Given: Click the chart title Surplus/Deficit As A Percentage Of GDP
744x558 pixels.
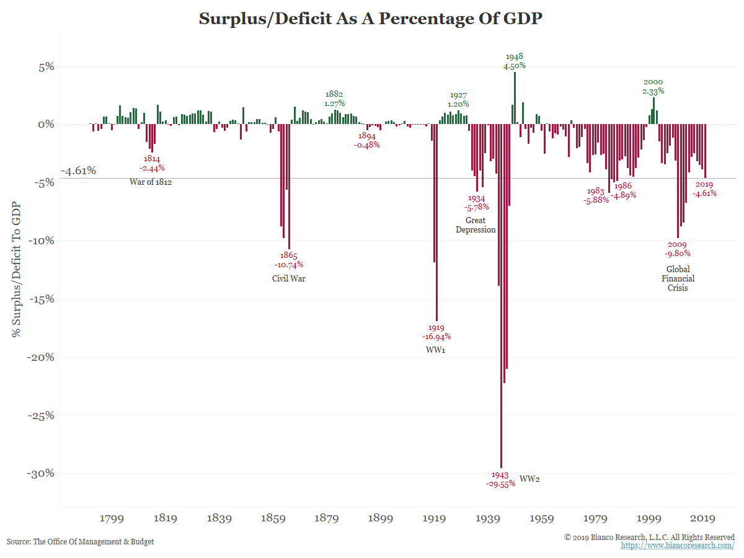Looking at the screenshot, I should pyautogui.click(x=370, y=19).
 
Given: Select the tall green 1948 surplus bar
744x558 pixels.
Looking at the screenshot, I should pyautogui.click(x=515, y=99).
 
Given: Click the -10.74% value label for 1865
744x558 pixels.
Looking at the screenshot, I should pyautogui.click(x=289, y=265).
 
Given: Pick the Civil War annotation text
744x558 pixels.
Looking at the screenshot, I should pyautogui.click(x=289, y=278).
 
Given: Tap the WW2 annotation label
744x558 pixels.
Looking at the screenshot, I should pyautogui.click(x=529, y=479).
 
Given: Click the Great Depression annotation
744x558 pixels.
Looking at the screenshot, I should pyautogui.click(x=476, y=224).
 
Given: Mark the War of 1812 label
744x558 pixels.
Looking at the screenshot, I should pyautogui.click(x=151, y=182).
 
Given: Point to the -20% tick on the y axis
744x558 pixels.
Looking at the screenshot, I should pyautogui.click(x=42, y=357).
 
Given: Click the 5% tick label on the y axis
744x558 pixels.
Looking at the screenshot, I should pyautogui.click(x=47, y=67).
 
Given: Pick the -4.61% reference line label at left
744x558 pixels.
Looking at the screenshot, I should pyautogui.click(x=78, y=170).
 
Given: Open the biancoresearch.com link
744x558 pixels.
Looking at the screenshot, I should pyautogui.click(x=678, y=545).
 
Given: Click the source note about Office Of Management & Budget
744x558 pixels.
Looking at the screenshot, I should pyautogui.click(x=80, y=541).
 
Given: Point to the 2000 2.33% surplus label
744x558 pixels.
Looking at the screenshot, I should pyautogui.click(x=653, y=86).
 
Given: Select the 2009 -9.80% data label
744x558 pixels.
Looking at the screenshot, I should pyautogui.click(x=677, y=249).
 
